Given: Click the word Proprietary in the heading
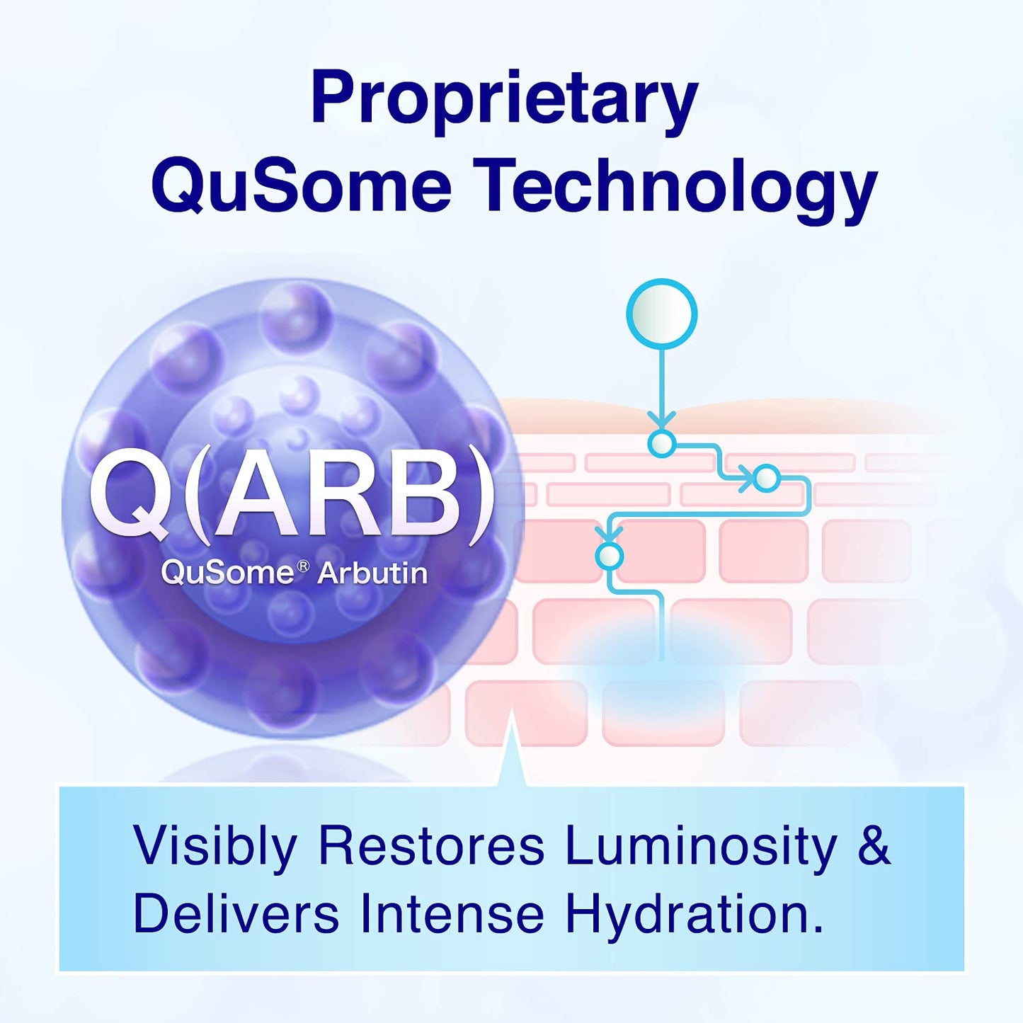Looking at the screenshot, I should point(504,99).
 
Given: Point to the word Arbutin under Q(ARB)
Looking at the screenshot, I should point(372,573).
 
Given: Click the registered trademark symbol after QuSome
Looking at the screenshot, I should point(302,566).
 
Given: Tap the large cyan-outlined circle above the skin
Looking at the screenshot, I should point(662,314).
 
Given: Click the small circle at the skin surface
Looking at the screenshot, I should point(662,444).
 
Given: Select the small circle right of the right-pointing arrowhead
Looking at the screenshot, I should point(766,479).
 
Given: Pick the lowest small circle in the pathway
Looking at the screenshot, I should point(609,556).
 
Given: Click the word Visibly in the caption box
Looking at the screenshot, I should point(215,846).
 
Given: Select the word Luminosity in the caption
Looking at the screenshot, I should point(701,846).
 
